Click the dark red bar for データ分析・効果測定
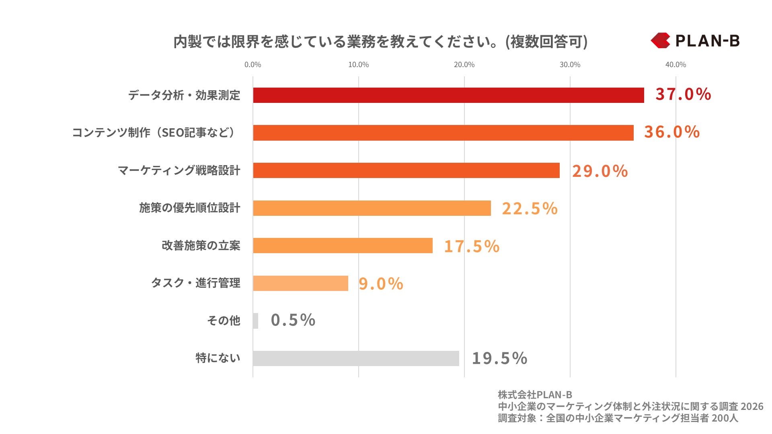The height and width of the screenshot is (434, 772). [x=448, y=95]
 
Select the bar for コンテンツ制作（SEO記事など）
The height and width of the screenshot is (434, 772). [x=443, y=133]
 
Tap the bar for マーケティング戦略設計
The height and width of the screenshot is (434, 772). [x=406, y=170]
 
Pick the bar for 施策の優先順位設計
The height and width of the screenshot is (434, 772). [x=372, y=208]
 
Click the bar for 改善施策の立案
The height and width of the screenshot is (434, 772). [x=343, y=246]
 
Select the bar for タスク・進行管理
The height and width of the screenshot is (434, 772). [x=300, y=283]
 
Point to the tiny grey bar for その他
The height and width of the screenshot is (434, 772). [x=256, y=321]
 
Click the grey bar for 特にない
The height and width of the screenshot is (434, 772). [x=356, y=358]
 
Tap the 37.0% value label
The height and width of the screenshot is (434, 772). [x=683, y=94]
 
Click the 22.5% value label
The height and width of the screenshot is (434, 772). [x=530, y=209]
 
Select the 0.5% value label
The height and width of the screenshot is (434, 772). [x=293, y=320]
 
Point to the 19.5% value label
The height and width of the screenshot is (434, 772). [x=499, y=358]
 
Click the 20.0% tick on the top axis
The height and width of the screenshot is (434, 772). [x=464, y=65]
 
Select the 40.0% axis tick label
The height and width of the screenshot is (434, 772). [x=675, y=65]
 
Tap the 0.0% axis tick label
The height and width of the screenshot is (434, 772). [x=253, y=65]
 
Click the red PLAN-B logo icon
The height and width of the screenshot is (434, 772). [x=660, y=41]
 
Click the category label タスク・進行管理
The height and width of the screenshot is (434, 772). [x=195, y=283]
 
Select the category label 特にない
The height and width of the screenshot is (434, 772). [x=218, y=358]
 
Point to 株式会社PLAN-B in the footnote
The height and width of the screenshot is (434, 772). [x=535, y=395]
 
